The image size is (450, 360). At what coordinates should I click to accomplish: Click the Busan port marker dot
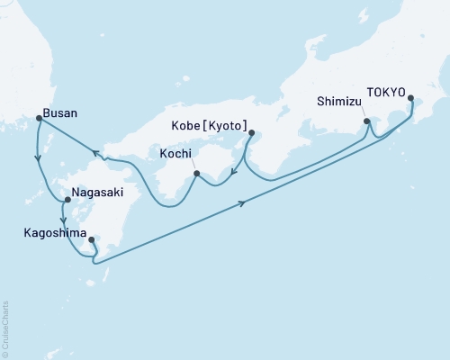pyautogui.click(x=38, y=118)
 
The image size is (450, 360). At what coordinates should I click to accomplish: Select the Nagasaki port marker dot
pyautogui.click(x=54, y=200)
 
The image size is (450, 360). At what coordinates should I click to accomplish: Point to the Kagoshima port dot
pyautogui.click(x=92, y=240)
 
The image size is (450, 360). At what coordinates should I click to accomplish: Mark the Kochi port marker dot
pyautogui.click(x=195, y=172)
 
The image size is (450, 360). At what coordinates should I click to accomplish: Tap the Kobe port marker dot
pyautogui.click(x=249, y=135)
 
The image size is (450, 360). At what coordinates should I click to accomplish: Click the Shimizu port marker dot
pyautogui.click(x=366, y=121)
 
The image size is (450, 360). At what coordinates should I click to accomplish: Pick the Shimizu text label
pyautogui.click(x=339, y=102)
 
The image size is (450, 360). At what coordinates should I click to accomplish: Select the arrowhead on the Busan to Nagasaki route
pyautogui.click(x=38, y=159)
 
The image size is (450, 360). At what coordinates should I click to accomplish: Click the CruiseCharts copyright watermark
pyautogui.click(x=5, y=328)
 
